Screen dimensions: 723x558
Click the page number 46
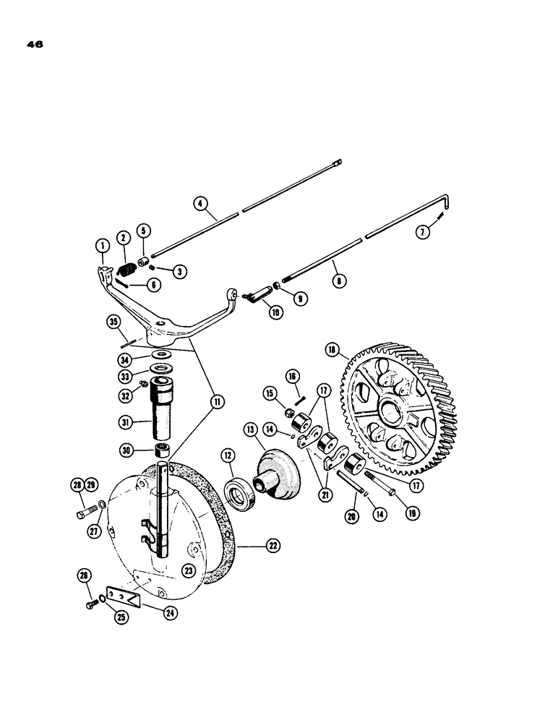tap(34, 44)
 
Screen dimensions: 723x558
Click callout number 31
tap(126, 420)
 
